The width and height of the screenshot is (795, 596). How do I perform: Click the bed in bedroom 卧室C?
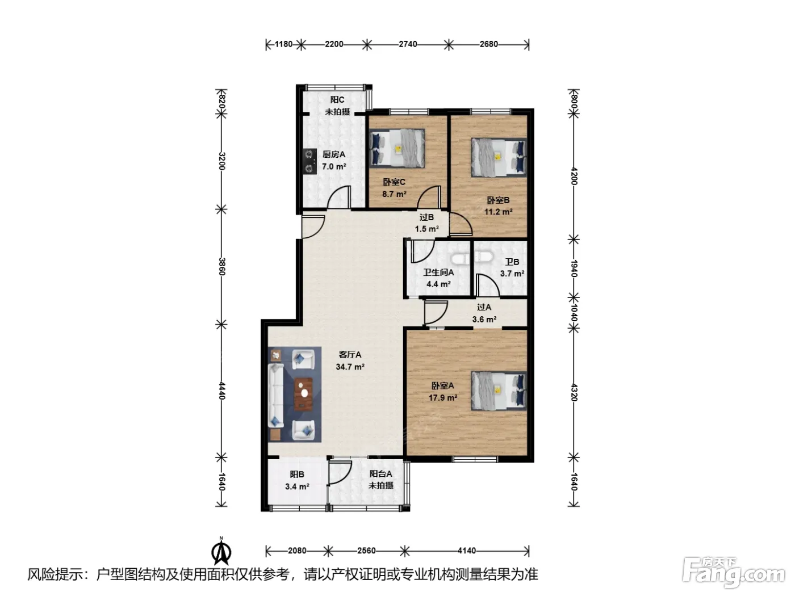tap(396, 148)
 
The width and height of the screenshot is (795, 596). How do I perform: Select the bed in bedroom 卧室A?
tap(499, 391)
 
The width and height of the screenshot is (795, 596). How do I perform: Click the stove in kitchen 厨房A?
tap(309, 161)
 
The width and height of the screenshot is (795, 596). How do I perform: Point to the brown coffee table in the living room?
tap(303, 394)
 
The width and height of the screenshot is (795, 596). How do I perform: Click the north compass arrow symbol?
tap(221, 551)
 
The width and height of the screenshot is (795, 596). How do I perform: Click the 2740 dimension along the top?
tap(408, 44)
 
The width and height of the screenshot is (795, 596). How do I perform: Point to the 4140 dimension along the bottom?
tap(467, 551)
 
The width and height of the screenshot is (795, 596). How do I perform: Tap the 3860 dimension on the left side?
tap(222, 267)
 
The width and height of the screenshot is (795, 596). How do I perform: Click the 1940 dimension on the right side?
tap(574, 268)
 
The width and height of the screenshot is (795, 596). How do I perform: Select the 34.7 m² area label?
tap(350, 367)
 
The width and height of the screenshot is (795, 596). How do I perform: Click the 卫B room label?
tap(512, 262)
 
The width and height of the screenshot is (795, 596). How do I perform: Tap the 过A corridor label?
tap(484, 308)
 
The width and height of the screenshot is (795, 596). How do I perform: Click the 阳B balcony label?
tap(297, 475)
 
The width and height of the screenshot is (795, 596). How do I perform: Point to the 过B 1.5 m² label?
tap(426, 223)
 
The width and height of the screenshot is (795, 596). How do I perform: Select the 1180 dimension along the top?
tap(283, 44)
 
